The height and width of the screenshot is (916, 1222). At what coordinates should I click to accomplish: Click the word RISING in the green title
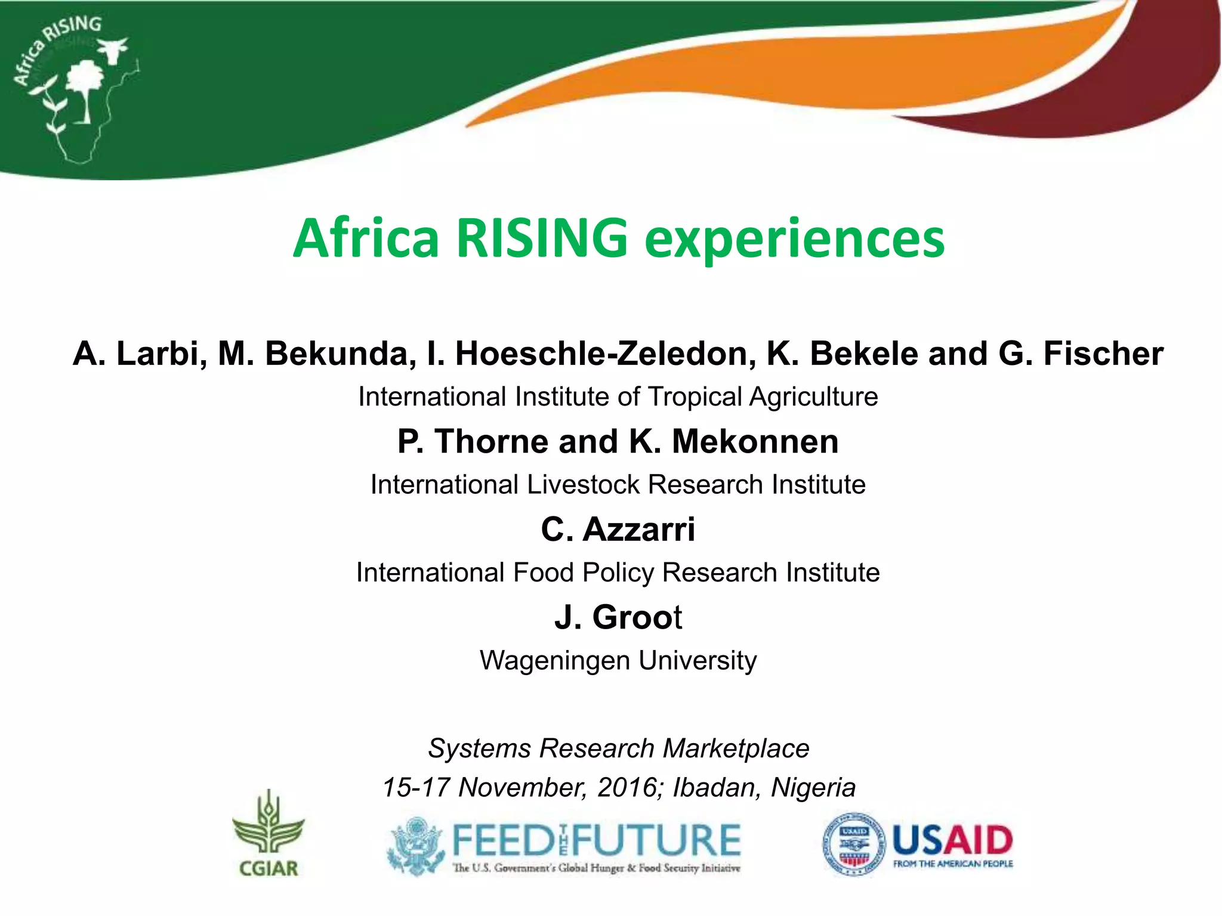pyautogui.click(x=542, y=238)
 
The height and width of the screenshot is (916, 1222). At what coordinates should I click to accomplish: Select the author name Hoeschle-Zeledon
pyautogui.click(x=601, y=353)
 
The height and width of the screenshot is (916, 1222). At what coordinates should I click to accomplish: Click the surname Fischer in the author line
pyautogui.click(x=1103, y=353)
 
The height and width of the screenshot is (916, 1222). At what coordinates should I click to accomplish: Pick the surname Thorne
pyautogui.click(x=490, y=441)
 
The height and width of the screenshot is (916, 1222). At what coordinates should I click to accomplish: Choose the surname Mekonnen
pyautogui.click(x=755, y=441)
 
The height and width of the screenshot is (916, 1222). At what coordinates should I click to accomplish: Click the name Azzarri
pyautogui.click(x=638, y=529)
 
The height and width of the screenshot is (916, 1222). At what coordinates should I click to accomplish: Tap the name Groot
pyautogui.click(x=637, y=617)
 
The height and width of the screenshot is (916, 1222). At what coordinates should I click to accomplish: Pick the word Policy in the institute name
pyautogui.click(x=618, y=572)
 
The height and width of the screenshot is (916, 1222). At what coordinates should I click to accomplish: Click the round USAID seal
pyautogui.click(x=854, y=843)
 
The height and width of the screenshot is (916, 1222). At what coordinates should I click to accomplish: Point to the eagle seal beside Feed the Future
pyautogui.click(x=416, y=845)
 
